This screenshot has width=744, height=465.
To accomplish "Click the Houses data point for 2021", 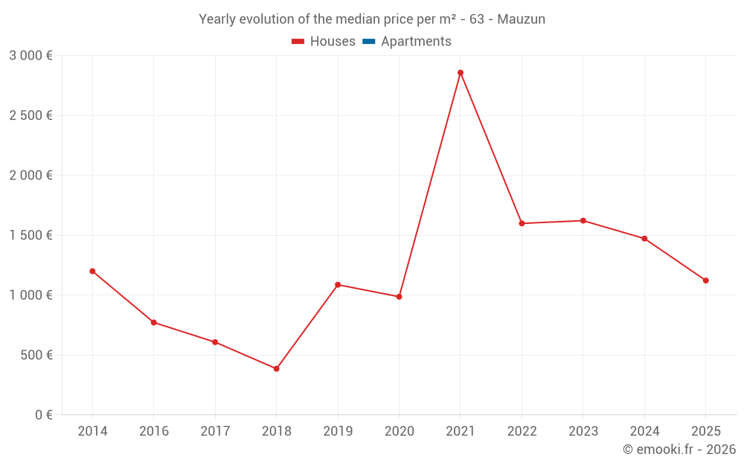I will [461, 73].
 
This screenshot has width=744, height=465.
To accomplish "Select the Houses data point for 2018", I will [276, 368].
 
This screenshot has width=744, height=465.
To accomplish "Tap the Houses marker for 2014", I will [92, 271].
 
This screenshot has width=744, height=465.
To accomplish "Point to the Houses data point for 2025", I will [705, 280].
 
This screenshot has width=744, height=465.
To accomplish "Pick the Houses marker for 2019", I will [338, 284].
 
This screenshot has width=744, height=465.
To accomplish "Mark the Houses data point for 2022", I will [522, 223].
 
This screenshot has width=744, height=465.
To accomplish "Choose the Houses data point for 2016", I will [154, 322].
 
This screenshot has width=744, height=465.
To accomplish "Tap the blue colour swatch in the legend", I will [368, 42].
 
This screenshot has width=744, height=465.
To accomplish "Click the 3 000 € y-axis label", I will [31, 55].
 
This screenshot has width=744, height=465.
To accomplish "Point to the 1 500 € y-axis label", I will [31, 235].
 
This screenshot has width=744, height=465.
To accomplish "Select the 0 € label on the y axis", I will [43, 414].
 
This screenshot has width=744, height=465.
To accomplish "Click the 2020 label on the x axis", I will [399, 431].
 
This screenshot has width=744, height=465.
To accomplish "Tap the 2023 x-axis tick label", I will [583, 431].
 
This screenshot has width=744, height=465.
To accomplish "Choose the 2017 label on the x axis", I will [215, 431].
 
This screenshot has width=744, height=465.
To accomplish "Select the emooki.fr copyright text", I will [679, 449].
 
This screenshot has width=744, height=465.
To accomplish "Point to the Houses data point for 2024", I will [644, 239].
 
